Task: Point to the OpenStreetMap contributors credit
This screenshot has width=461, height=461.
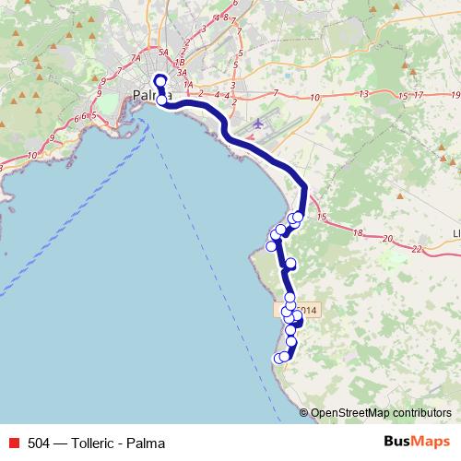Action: point(380,413)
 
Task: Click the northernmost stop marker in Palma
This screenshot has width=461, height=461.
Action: point(160,81)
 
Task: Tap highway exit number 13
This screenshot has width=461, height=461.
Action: point(365,94)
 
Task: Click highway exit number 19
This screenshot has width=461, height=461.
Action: point(455,94)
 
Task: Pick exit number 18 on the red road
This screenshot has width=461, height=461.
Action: point(359,232)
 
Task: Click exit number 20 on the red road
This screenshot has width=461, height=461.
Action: point(388,240)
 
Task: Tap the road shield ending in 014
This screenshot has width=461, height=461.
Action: point(306,311)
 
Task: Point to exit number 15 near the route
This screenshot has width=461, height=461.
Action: point(322,217)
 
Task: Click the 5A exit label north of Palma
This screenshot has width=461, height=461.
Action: point(164,53)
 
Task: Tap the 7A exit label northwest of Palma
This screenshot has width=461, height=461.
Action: point(136,58)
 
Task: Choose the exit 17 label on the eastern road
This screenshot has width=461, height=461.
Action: point(419,94)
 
